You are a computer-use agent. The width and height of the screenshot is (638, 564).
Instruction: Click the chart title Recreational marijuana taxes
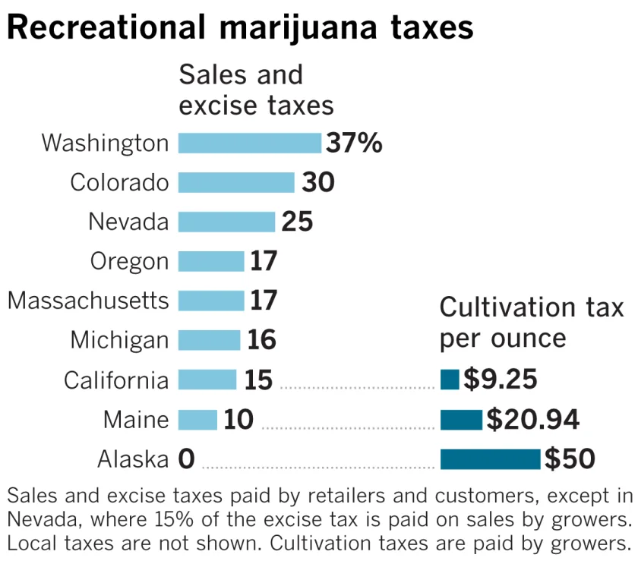(x=240, y=28)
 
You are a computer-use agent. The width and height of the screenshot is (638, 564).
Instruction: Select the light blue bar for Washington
(x=250, y=143)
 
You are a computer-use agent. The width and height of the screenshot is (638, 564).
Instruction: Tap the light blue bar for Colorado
(x=236, y=182)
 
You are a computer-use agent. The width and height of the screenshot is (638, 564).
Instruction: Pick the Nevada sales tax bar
(x=226, y=222)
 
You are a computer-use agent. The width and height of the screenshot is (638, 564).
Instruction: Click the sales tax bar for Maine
(x=197, y=419)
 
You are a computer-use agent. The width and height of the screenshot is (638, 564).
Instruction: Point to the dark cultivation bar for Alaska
(x=490, y=458)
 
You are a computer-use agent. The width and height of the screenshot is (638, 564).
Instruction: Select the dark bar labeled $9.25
(x=450, y=380)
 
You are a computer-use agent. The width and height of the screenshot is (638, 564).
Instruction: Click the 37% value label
(x=354, y=143)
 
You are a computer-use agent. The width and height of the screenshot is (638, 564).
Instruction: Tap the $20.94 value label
(x=533, y=419)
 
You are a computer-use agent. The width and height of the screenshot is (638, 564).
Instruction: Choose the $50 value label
(x=570, y=458)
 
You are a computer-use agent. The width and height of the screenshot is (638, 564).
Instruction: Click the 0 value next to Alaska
(x=187, y=458)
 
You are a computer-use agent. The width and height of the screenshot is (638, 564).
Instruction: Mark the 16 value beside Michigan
(x=261, y=339)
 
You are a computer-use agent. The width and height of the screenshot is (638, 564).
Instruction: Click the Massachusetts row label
(x=88, y=301)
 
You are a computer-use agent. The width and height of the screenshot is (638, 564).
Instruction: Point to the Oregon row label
(x=129, y=261)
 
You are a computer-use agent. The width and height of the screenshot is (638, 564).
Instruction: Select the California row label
(x=116, y=380)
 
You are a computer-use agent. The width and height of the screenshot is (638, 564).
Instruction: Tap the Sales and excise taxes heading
(x=256, y=89)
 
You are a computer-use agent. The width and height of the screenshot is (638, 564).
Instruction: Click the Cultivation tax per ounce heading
(x=532, y=323)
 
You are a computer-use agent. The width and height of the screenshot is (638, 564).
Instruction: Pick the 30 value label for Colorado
(x=318, y=182)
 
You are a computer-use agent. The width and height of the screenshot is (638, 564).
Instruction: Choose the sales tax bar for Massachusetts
(x=211, y=301)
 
